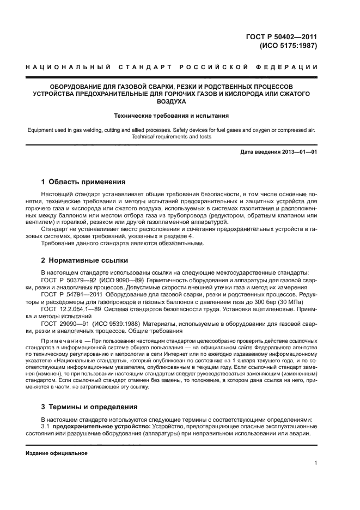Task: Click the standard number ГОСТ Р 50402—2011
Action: [x=281, y=37]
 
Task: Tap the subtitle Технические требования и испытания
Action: [x=171, y=116]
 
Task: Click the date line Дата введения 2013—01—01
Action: [x=278, y=151]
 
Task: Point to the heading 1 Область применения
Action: [x=83, y=181]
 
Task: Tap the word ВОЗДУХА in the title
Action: [x=170, y=101]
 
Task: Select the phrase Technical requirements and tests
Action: [x=171, y=137]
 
